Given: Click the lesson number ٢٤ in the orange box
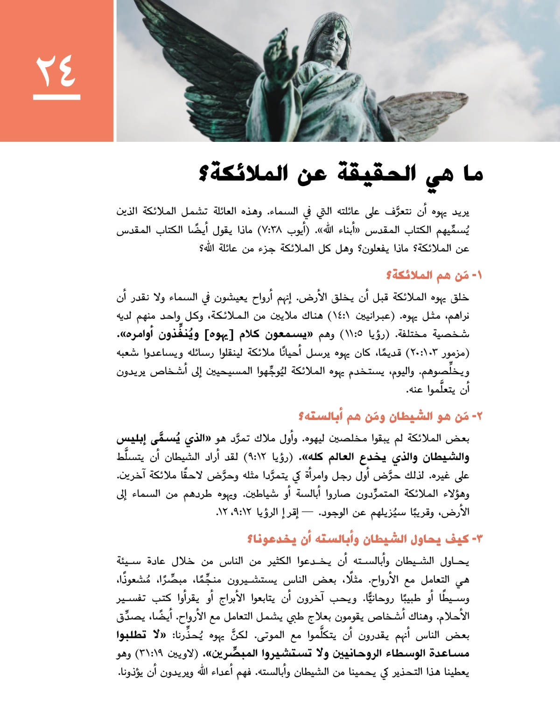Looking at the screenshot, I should click(56, 70).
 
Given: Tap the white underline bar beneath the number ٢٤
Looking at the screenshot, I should click(56, 97).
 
